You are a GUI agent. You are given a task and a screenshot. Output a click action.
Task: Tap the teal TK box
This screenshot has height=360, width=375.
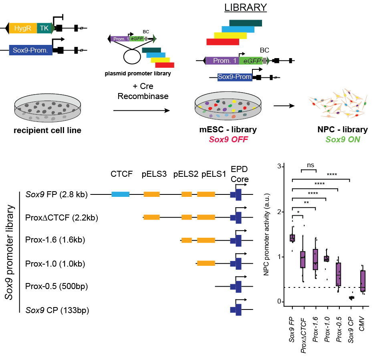[x=43, y=28]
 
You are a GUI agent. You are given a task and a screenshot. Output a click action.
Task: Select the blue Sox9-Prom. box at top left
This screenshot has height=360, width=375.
[x=31, y=50]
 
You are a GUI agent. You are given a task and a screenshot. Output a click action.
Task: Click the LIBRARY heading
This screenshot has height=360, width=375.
[x=245, y=7]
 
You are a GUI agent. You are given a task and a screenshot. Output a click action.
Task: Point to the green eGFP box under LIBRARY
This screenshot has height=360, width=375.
[x=251, y=61]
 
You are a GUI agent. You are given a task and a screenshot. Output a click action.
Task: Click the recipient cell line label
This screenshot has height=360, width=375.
[x=47, y=130]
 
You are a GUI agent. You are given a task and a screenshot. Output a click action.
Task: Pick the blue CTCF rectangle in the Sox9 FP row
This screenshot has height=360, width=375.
[x=120, y=194]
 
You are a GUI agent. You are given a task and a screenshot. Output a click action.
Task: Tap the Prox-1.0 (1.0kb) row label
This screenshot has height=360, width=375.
[x=55, y=263]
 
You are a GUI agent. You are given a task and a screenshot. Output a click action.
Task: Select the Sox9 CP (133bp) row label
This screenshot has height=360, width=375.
[x=57, y=310]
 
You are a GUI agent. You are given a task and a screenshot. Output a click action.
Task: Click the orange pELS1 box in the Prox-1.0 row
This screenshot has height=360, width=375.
[x=206, y=263]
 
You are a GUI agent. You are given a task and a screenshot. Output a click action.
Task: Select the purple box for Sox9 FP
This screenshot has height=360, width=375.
[x=293, y=238]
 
